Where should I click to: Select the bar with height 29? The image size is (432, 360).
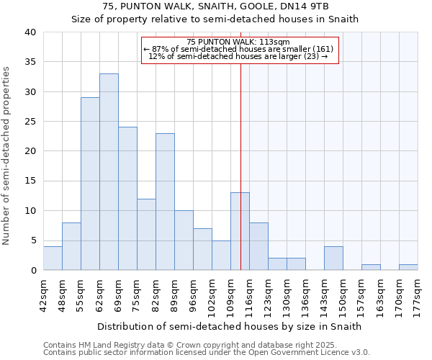click(90, 184)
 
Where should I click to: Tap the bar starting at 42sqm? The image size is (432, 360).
click(53, 258)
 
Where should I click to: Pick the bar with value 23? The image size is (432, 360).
click(165, 202)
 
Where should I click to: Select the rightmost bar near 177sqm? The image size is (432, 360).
click(408, 267)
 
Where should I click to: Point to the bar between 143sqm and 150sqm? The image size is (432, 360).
click(333, 258)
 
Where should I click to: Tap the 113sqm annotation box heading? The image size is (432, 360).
click(238, 42)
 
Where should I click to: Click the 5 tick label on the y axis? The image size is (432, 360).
click(33, 240)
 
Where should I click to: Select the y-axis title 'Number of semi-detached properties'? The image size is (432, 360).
click(7, 155)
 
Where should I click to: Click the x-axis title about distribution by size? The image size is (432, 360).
click(229, 326)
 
